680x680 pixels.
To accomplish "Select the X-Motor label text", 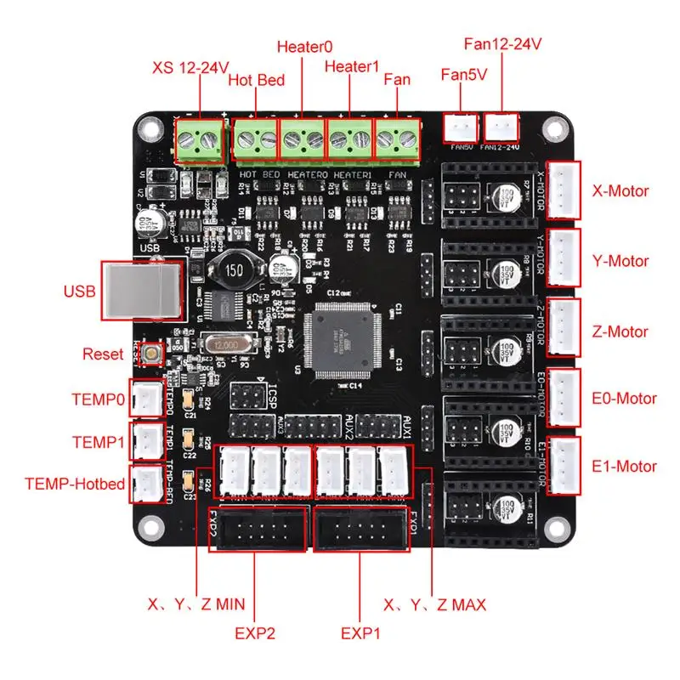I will click(x=620, y=190).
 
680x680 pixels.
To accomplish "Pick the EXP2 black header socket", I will click(x=258, y=529).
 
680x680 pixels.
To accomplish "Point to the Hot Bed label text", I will click(x=257, y=81).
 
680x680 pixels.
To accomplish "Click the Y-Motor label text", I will click(x=620, y=261).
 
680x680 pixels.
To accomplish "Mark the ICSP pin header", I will click(x=246, y=396).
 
